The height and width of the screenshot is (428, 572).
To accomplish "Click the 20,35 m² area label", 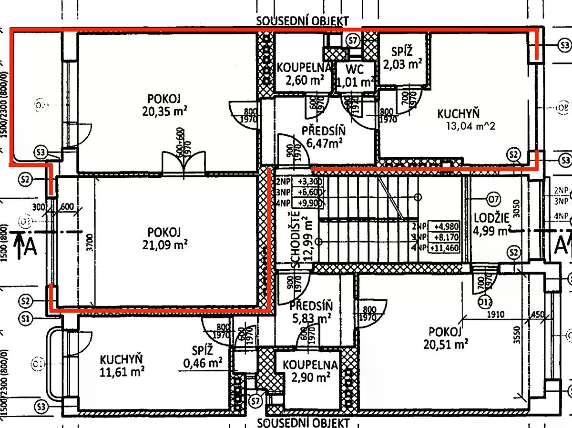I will pos(163,112).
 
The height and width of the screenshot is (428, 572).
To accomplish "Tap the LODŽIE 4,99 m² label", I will pos(492,225).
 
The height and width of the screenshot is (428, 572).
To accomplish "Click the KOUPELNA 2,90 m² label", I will pos(310,371).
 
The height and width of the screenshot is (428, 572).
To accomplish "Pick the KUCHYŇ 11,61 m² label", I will pos(122,365).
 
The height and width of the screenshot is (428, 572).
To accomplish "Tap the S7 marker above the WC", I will pos(353,41).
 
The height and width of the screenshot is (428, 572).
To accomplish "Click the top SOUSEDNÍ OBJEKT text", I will pos(302,21).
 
